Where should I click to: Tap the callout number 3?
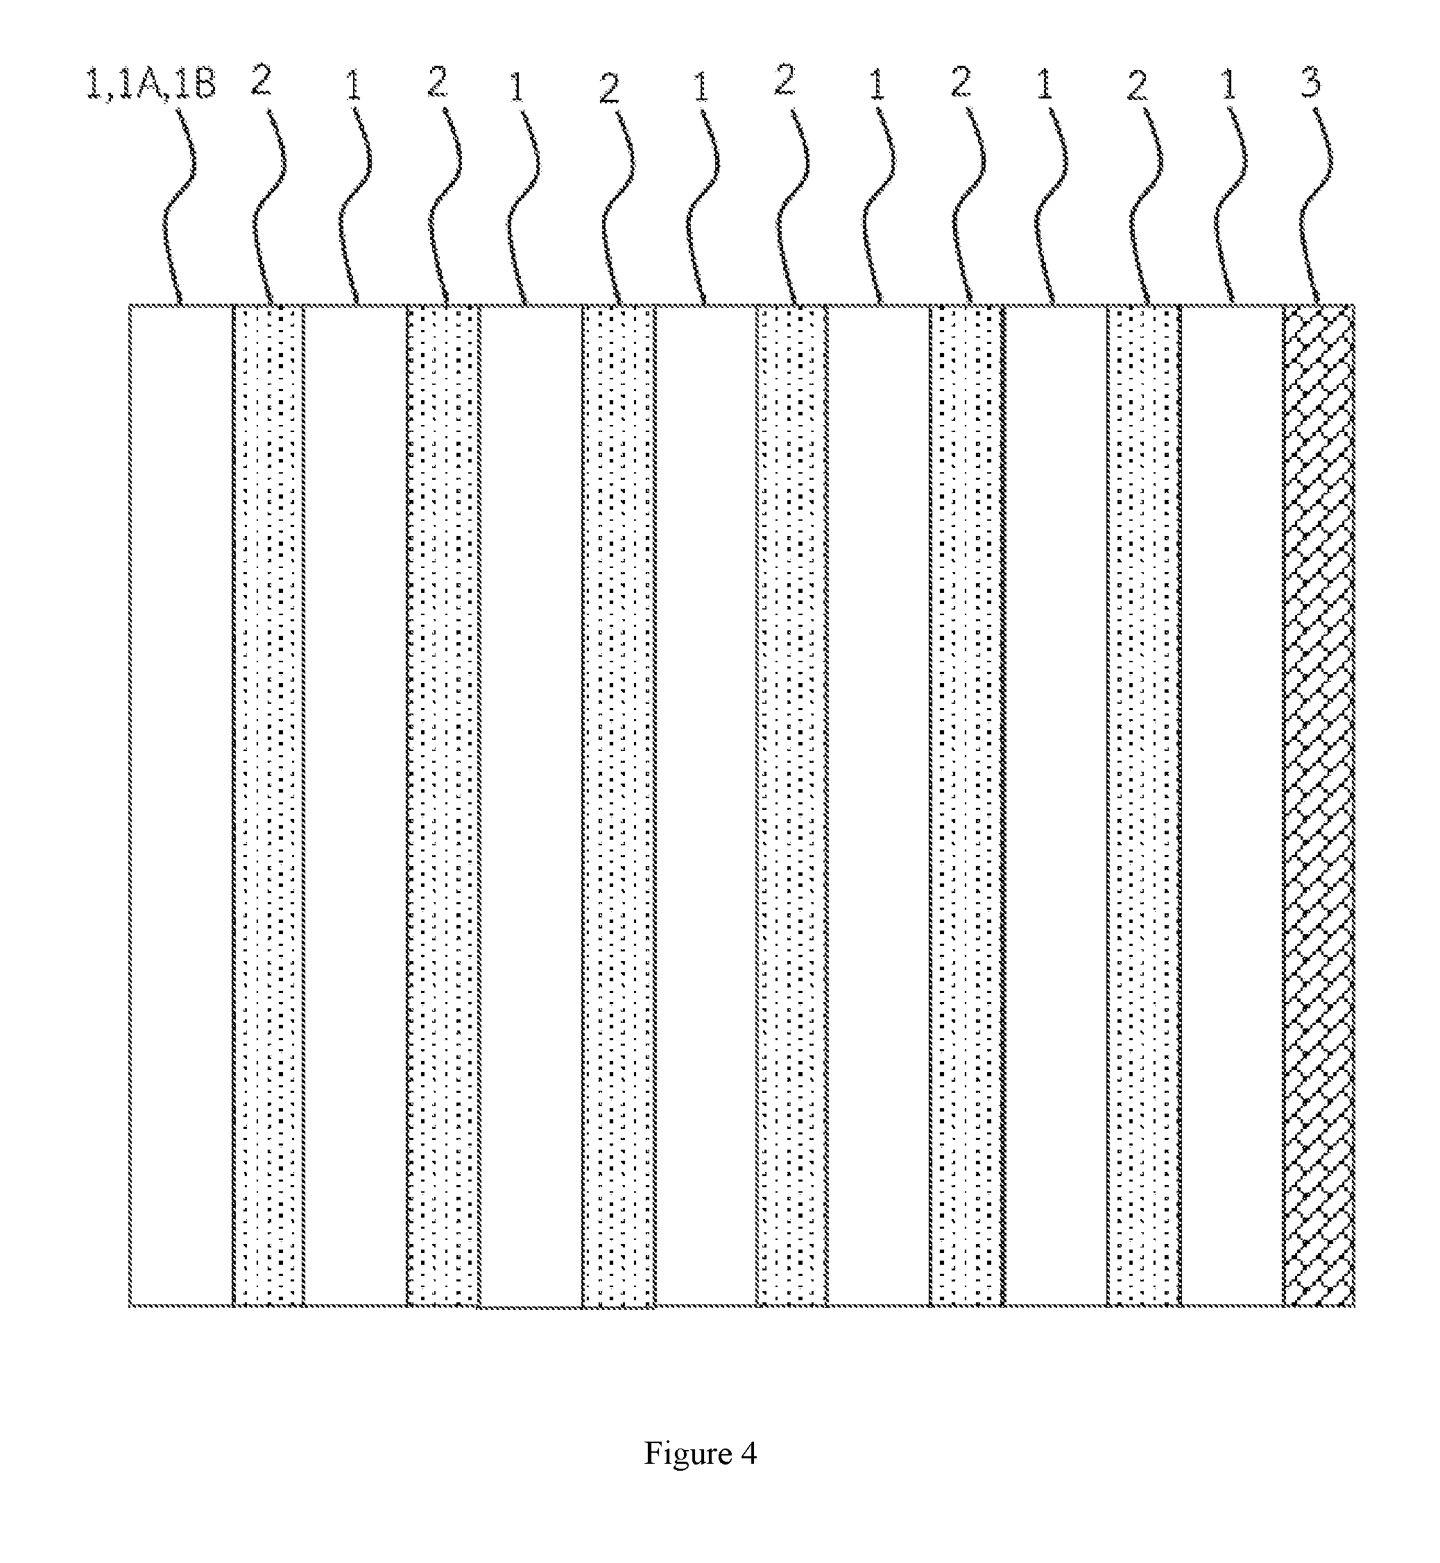(1312, 82)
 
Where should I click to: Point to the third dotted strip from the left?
(619, 806)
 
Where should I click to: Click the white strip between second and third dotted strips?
(530, 806)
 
